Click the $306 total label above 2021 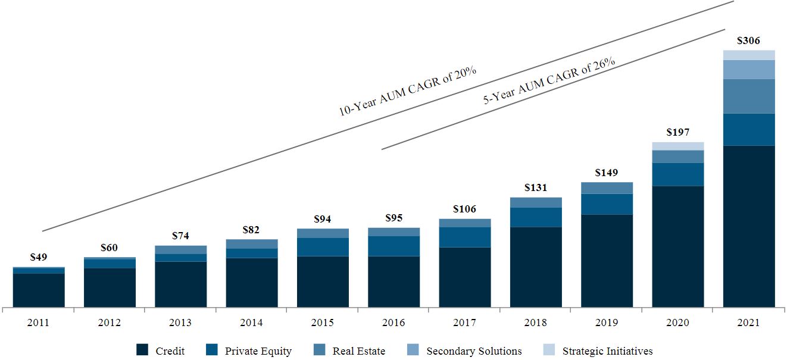[748, 41]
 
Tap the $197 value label [677, 132]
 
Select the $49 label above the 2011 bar [39, 257]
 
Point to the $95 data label [393, 218]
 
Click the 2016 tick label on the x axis [393, 323]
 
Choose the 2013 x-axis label [180, 323]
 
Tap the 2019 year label [607, 323]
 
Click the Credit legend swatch [142, 350]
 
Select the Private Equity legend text [258, 351]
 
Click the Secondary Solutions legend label [474, 351]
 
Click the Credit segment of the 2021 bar [748, 226]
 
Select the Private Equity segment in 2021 [748, 129]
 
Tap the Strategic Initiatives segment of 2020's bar [677, 146]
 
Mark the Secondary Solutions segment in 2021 [748, 69]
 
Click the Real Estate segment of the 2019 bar [607, 187]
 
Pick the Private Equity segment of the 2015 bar [323, 246]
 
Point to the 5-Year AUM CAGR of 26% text [548, 80]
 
